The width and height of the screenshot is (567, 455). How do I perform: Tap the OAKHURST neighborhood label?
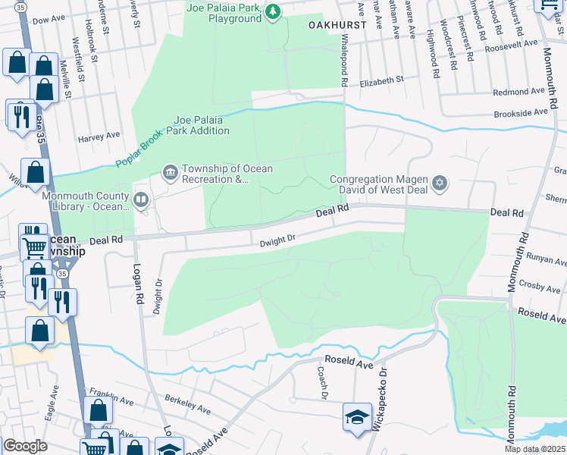point(337,24)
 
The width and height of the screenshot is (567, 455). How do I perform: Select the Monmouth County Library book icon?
point(140,199)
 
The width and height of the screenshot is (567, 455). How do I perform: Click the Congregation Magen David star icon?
point(439,184)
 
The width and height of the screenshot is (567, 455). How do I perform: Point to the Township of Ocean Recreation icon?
point(169,174)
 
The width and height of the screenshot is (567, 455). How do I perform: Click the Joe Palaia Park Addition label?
point(201,125)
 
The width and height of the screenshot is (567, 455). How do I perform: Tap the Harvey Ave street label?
point(99,136)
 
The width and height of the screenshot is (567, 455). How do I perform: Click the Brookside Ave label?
point(520,111)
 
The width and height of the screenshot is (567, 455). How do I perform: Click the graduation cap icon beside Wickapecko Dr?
point(356,416)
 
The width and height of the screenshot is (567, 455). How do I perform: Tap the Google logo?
point(25,446)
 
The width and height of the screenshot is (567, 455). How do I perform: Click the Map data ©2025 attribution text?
point(534,449)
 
